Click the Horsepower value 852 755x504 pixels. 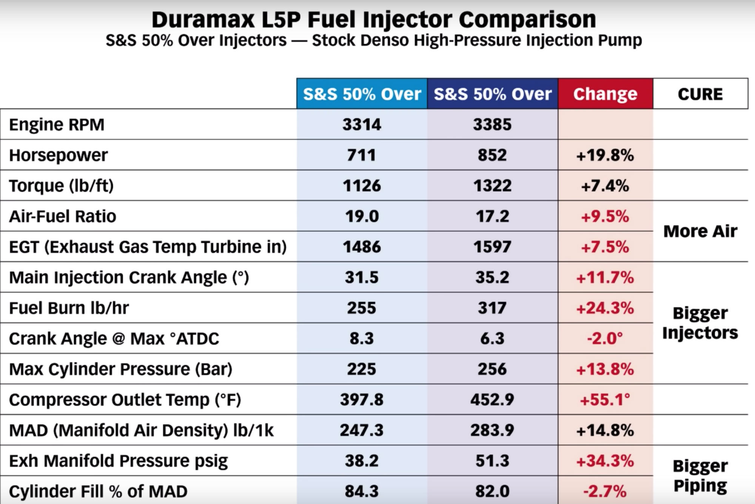(492, 155)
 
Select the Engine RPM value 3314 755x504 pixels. (362, 125)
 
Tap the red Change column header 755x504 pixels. (605, 94)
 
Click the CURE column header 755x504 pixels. (700, 94)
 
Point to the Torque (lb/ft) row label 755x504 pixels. (61, 186)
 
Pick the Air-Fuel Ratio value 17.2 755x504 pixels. (492, 216)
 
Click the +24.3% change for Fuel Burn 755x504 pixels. (605, 308)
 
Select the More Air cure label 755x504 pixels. (700, 231)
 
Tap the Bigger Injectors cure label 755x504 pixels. (700, 323)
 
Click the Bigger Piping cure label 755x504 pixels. (700, 476)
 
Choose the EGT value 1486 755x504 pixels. (362, 247)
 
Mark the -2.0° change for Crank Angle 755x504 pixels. (605, 339)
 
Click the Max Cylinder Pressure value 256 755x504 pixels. (492, 369)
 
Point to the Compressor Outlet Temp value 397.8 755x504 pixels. (362, 400)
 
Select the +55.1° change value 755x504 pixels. (605, 400)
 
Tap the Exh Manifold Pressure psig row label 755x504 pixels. (118, 461)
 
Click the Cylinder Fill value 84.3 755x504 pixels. (362, 491)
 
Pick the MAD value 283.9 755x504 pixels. (492, 430)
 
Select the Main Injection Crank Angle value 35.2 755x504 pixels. (492, 277)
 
